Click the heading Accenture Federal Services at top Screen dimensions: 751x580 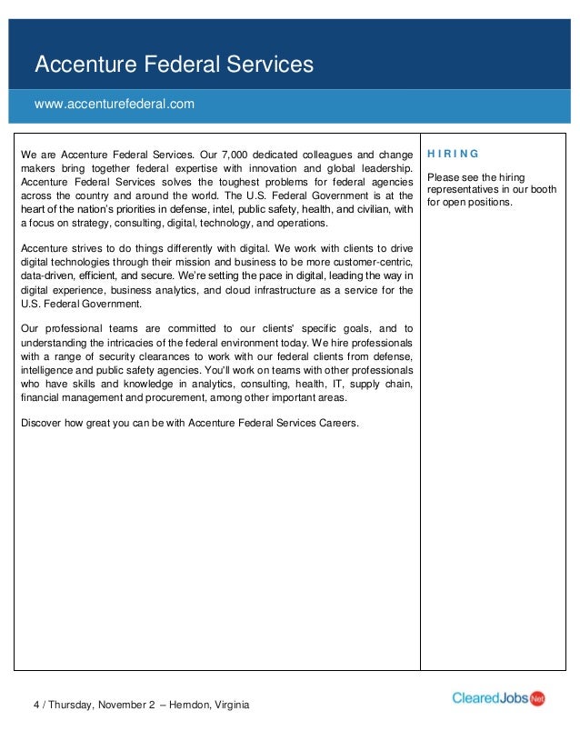pos(173,65)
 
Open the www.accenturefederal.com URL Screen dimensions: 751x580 pos(115,105)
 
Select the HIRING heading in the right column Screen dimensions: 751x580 pos(453,153)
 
